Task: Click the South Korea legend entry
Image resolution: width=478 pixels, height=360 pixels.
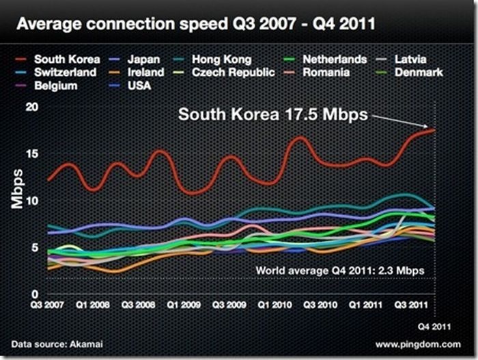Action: pos(59,60)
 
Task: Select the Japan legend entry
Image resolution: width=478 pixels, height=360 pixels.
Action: pos(136,60)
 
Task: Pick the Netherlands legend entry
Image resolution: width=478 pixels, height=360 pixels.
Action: pos(325,60)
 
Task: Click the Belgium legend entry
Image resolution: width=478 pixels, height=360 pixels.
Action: pos(51,85)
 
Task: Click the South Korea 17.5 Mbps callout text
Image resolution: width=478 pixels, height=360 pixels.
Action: pos(272,114)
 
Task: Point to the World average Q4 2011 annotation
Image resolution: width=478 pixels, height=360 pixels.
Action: pos(339,271)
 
